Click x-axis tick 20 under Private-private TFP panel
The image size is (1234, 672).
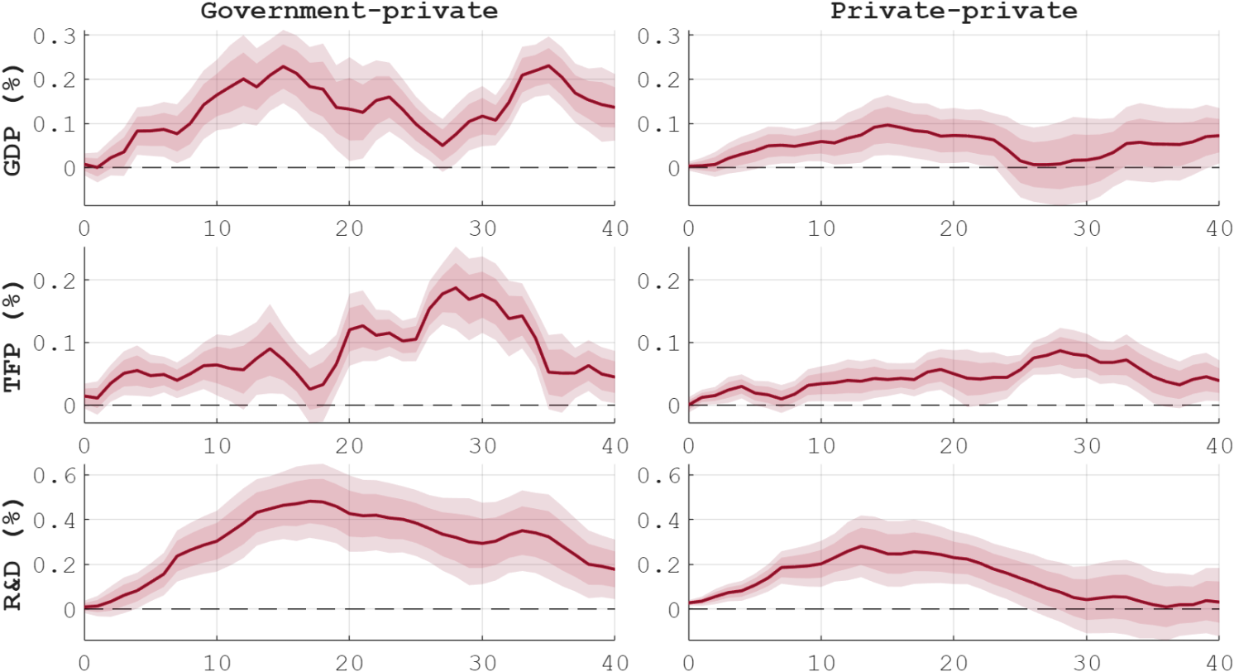tap(953, 444)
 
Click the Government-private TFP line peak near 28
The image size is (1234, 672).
tap(456, 288)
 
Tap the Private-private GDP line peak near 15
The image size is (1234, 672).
tap(887, 125)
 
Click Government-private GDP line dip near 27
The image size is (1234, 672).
tap(442, 146)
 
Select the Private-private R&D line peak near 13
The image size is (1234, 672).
tap(861, 546)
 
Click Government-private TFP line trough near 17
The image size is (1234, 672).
tap(310, 389)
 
